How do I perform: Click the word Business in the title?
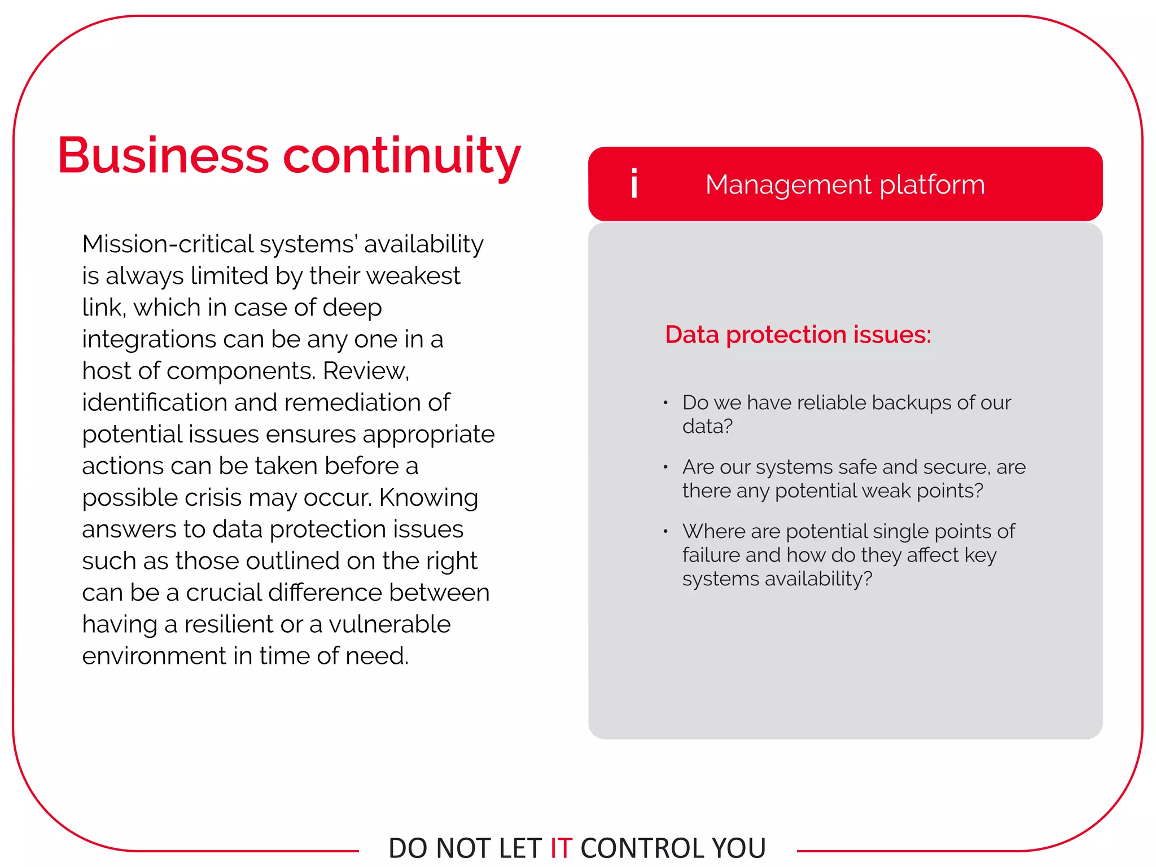click(163, 156)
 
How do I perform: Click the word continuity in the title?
click(401, 157)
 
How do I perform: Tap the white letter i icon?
click(634, 183)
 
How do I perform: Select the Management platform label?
click(844, 185)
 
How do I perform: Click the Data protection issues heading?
click(798, 335)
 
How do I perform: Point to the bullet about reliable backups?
click(846, 414)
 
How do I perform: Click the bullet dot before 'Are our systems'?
click(666, 467)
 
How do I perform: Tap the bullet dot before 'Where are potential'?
click(666, 532)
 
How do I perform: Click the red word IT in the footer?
click(561, 848)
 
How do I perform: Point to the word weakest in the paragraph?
click(413, 276)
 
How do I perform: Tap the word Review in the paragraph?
click(365, 371)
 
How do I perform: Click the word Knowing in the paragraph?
click(428, 498)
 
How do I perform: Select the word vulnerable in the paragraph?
click(389, 624)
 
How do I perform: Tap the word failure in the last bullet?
click(711, 555)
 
